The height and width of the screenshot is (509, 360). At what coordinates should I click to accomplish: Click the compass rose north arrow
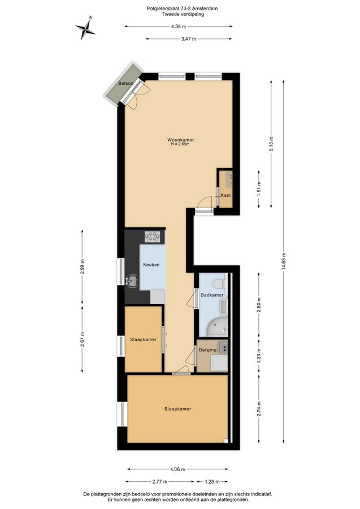pos(85,28)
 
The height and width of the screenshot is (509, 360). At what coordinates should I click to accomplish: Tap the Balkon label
pos(126,84)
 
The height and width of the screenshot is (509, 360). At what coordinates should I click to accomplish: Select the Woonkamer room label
pos(181,140)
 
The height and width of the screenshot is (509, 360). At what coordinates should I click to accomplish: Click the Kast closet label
pos(225,195)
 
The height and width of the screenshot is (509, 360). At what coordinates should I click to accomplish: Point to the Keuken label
pos(151,265)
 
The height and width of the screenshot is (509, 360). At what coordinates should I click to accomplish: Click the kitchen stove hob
pos(153,236)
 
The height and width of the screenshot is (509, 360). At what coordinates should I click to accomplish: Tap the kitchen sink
pos(132,281)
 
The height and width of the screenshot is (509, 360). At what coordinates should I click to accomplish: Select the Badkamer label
pos(212,295)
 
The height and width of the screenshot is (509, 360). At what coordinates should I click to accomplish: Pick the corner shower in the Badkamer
pos(216,327)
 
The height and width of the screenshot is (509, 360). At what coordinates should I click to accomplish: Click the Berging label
pos(207,350)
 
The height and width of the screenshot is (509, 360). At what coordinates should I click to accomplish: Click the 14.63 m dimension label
pos(284,261)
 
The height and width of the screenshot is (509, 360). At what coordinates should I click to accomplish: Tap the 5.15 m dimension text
pos(271,144)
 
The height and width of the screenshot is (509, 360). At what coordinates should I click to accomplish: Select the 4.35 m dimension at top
pos(179,27)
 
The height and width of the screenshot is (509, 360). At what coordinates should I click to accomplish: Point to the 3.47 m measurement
pos(189,39)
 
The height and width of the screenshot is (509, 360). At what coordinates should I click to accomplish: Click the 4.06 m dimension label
pos(177,469)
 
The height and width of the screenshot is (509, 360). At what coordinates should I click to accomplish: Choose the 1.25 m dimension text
pos(212,482)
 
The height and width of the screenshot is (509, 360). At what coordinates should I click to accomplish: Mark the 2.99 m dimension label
pos(83,266)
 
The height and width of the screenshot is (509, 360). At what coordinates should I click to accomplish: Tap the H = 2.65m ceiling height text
pos(180,144)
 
